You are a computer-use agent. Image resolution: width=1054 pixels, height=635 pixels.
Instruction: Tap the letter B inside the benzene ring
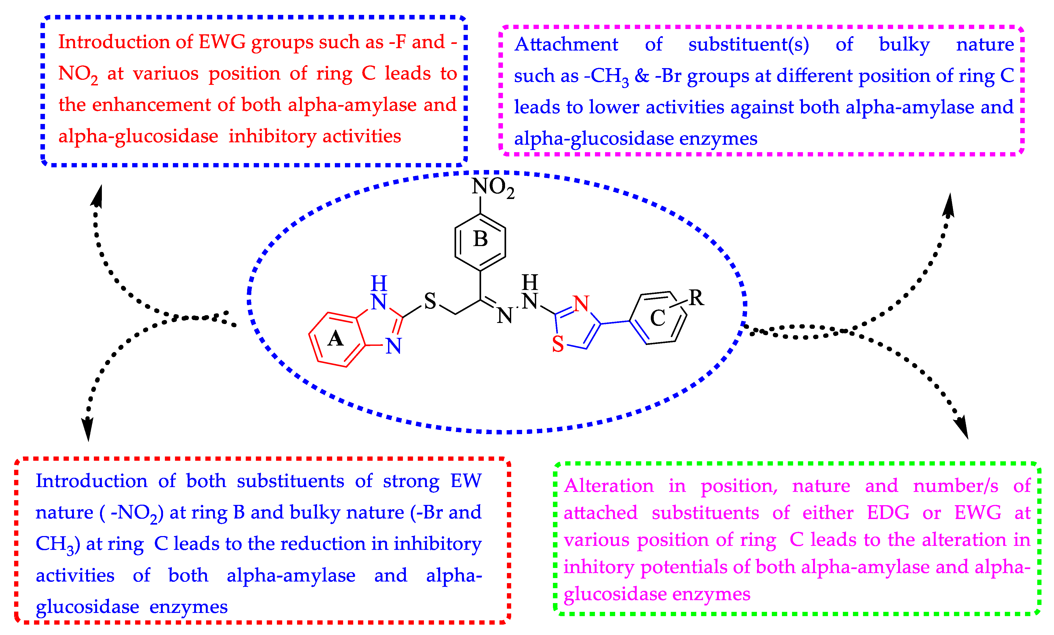point(480,239)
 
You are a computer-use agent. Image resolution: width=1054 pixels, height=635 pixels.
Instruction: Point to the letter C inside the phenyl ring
point(657,318)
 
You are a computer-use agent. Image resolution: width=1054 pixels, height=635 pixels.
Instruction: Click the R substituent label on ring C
point(696,298)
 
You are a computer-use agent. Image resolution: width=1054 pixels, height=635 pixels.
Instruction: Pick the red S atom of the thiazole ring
point(558,344)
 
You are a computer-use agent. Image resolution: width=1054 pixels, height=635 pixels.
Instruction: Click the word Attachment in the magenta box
point(566,44)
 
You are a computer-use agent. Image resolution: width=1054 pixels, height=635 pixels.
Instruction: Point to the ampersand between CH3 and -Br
point(642,76)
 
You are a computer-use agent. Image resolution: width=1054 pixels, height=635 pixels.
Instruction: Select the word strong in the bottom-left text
point(411,482)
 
